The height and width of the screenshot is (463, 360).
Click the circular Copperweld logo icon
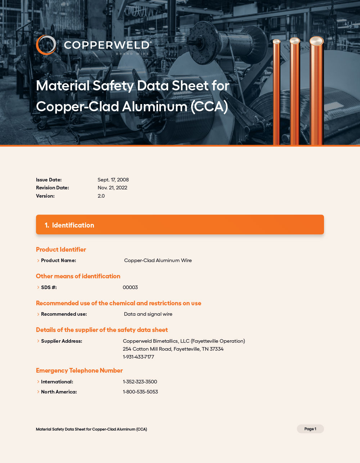(x=46, y=45)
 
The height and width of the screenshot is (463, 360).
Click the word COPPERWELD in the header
(x=107, y=45)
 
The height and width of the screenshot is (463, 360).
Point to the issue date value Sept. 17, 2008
(x=113, y=180)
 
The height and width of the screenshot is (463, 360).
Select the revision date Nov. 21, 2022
(x=112, y=188)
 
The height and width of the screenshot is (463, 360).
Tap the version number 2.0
(x=101, y=196)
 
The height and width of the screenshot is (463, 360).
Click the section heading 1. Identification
(x=69, y=225)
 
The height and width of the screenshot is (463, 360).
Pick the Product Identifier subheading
(x=61, y=250)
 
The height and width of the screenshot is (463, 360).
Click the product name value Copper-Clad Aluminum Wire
(x=158, y=260)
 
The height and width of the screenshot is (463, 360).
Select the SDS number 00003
(x=130, y=287)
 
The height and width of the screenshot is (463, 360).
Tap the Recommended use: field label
(x=64, y=314)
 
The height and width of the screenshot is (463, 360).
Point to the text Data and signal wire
(x=148, y=314)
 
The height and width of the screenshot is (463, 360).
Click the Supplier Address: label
(x=61, y=341)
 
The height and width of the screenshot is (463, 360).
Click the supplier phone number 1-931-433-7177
(x=138, y=357)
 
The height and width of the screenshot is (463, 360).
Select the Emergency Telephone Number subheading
(x=79, y=370)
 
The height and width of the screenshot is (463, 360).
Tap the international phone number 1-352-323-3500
(x=140, y=382)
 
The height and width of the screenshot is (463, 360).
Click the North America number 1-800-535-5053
(x=140, y=392)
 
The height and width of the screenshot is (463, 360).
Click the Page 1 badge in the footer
(x=310, y=429)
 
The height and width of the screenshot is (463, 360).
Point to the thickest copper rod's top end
(x=316, y=41)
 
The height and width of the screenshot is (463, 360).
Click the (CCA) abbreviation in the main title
(x=209, y=107)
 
